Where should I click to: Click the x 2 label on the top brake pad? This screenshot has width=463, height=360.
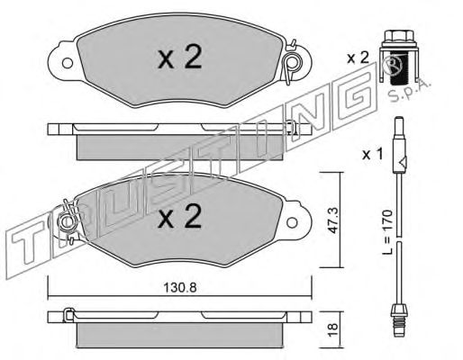(180, 56)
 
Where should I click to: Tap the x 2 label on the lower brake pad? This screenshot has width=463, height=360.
(180, 216)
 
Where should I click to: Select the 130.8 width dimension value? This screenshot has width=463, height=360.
(180, 288)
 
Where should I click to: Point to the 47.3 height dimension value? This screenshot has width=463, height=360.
(332, 220)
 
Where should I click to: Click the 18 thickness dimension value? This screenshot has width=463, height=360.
(332, 330)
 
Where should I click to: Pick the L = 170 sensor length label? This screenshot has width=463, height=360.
(387, 232)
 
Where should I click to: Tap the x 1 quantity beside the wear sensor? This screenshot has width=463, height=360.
(372, 155)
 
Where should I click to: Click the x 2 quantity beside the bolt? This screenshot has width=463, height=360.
(358, 58)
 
